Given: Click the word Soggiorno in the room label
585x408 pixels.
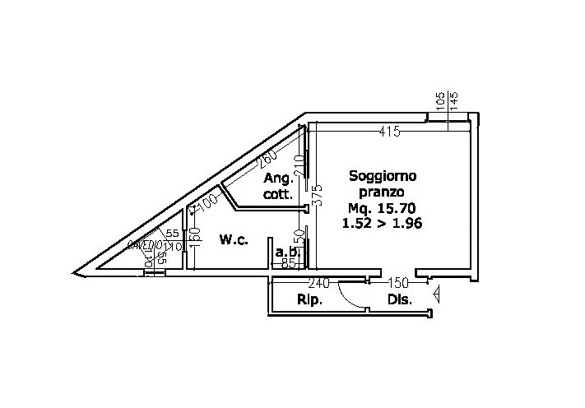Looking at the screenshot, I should click(383, 175).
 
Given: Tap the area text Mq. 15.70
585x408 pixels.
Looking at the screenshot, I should click(383, 207).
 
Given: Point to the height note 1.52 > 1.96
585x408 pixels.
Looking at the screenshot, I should click(381, 223).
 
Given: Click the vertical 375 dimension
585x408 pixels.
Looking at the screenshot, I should click(318, 195).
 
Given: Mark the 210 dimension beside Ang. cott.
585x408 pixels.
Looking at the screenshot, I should click(299, 165).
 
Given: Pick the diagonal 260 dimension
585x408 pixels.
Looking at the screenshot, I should click(265, 159).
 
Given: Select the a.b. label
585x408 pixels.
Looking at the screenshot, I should click(286, 252).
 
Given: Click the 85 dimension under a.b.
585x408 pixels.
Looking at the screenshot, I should click(289, 264).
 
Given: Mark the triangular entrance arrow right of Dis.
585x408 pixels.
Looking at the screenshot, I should click(437, 290).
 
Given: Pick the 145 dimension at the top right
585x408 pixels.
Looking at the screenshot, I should click(454, 102).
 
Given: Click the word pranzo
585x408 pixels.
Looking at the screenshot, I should click(383, 191).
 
